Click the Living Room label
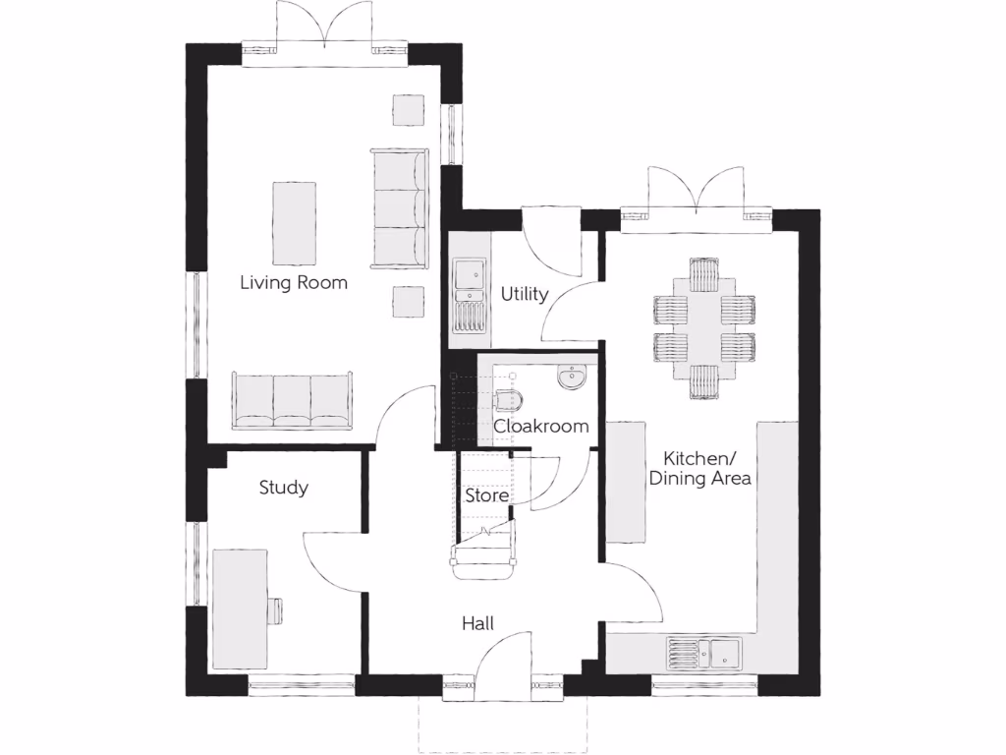(294, 283)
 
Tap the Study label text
(284, 488)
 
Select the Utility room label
(524, 294)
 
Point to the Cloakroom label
(541, 427)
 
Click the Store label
(486, 495)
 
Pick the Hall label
(478, 623)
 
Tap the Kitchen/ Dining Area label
(699, 468)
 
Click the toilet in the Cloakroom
(510, 398)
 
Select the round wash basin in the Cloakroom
(570, 377)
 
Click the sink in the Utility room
(468, 275)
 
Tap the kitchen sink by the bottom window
(703, 650)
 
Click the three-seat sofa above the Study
(292, 400)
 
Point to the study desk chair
(276, 610)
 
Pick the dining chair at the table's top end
(704, 271)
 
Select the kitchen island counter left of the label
(625, 482)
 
